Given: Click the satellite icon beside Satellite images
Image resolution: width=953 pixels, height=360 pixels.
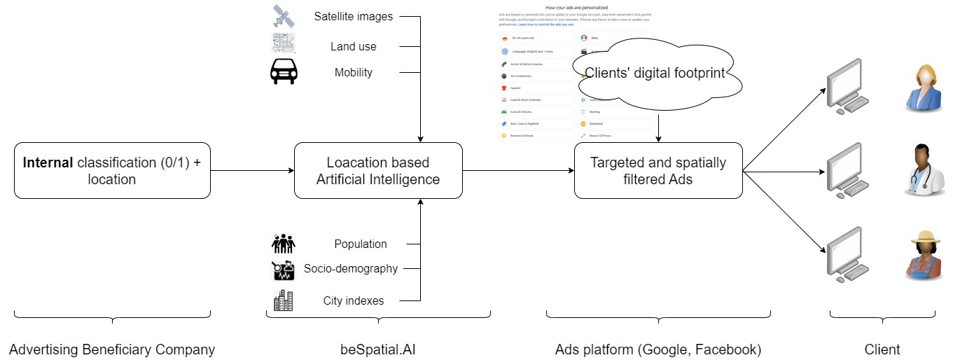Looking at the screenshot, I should coord(284,16).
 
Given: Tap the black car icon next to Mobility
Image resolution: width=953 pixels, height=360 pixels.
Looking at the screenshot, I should coord(284,72).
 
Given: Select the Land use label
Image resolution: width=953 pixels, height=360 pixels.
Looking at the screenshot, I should coord(354,46).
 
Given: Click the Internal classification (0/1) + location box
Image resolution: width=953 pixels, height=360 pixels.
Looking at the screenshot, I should coord(112,170).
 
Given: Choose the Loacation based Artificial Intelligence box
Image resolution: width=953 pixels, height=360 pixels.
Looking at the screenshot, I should coord(378,170).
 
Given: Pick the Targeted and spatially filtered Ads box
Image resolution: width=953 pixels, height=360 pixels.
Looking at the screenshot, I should coord(658,170).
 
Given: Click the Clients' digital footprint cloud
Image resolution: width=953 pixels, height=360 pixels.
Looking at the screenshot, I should coord(654,73).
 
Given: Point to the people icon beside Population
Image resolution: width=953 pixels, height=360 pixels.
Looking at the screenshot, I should coord(284,244).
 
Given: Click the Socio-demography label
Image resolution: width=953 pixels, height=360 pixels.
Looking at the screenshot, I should coord(351,268).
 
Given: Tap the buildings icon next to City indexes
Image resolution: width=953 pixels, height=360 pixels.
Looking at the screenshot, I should coord(284,300).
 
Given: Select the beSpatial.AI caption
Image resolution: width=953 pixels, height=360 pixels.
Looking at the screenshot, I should coord(378,349).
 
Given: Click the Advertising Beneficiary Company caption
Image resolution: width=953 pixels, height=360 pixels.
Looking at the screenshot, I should coord(112,349).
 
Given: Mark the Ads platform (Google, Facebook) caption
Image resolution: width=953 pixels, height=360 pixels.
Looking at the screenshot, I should coord(658,349).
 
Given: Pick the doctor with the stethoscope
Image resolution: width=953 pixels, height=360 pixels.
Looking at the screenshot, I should coord(921,170).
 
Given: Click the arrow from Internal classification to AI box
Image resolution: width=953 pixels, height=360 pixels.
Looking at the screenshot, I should coord(252,170).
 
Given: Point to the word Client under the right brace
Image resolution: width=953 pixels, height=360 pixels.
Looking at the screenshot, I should coord(882,349).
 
